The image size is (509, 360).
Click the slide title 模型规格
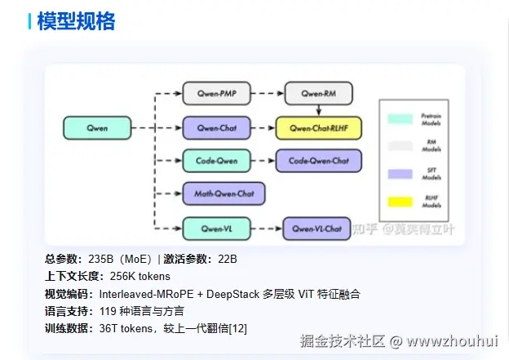pyautogui.click(x=76, y=22)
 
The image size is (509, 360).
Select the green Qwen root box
pyautogui.click(x=97, y=128)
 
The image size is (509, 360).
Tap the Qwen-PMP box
pyautogui.click(x=215, y=95)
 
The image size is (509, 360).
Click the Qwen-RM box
pyautogui.click(x=317, y=95)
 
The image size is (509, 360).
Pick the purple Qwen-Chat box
pyautogui.click(x=216, y=128)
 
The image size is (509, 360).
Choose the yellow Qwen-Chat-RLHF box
pyautogui.click(x=318, y=128)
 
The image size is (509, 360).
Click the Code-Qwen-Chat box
pyautogui.click(x=318, y=161)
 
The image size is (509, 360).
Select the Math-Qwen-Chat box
pyautogui.click(x=224, y=193)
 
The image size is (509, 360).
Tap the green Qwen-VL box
pyautogui.click(x=215, y=228)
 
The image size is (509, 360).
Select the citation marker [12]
pyautogui.click(x=237, y=328)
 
